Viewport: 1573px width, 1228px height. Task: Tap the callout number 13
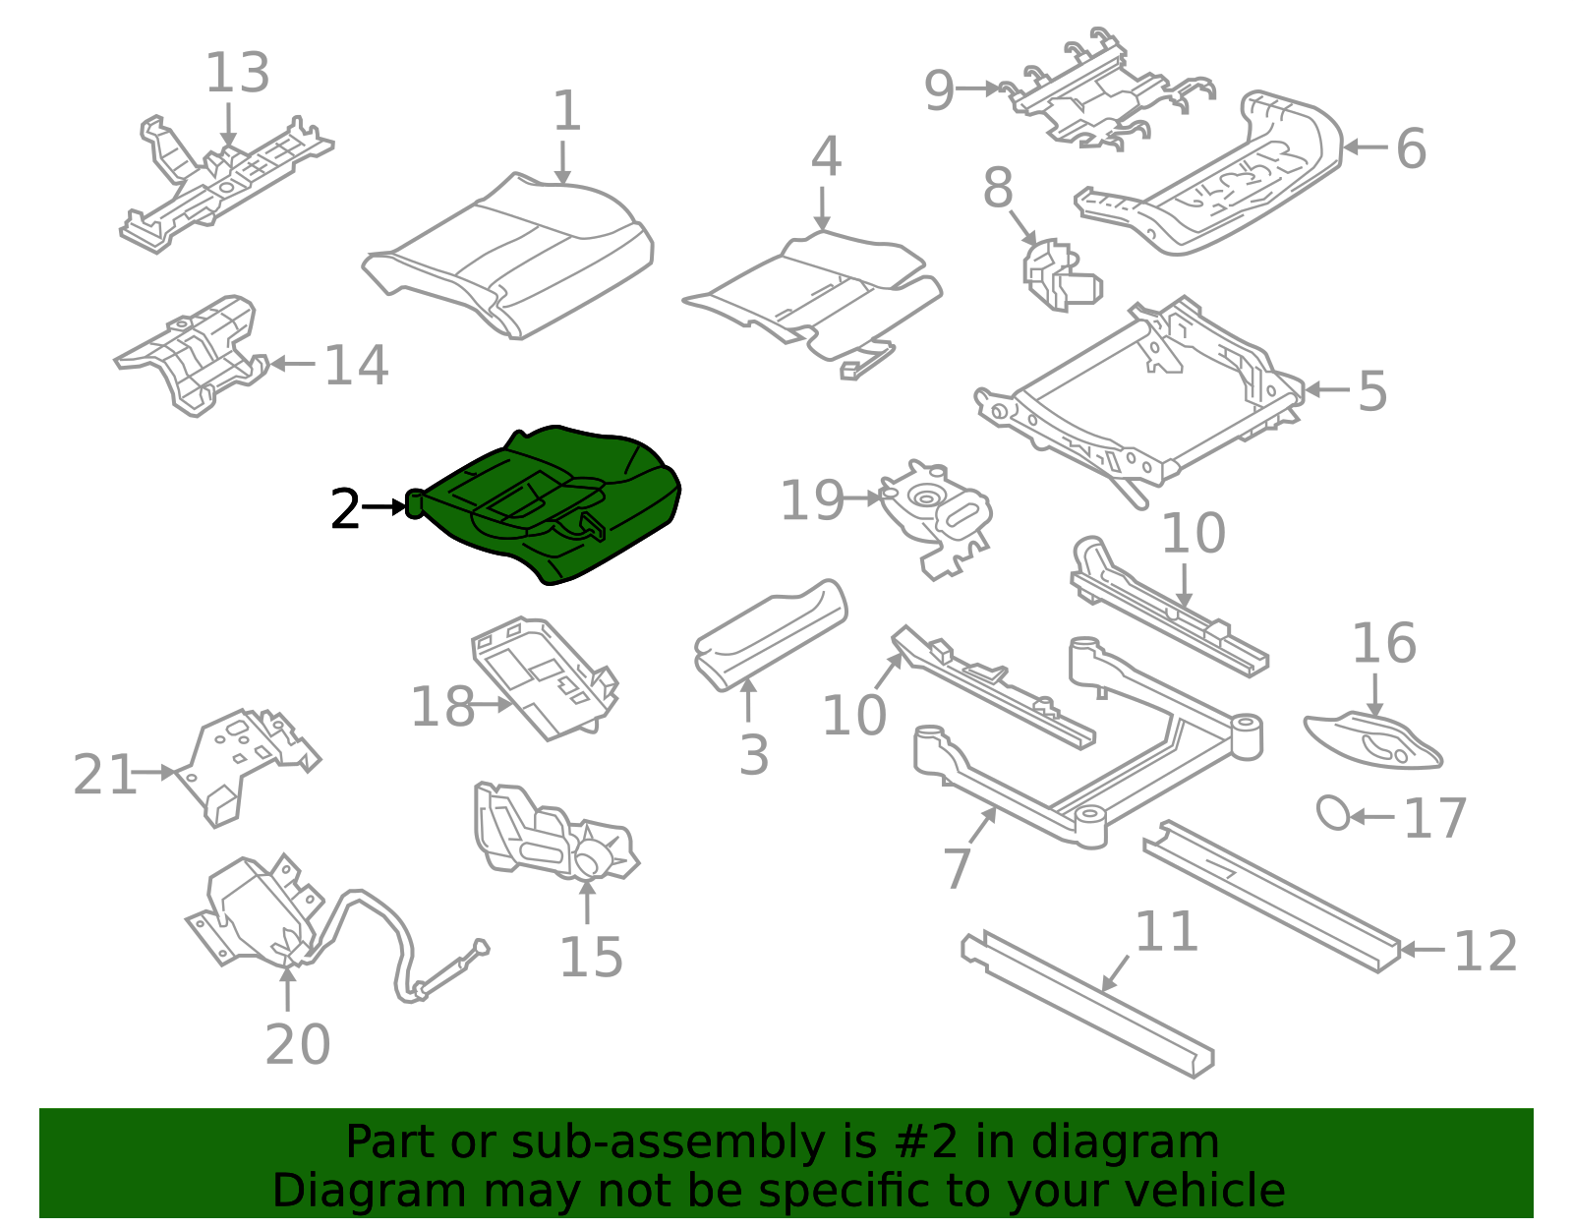tap(238, 73)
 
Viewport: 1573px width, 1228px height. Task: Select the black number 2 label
tap(344, 508)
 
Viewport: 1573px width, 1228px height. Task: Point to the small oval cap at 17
tap(1333, 813)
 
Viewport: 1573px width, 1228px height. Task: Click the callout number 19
tap(812, 500)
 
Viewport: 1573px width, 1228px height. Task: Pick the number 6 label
tap(1411, 148)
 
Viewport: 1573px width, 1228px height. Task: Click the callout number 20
tap(298, 1044)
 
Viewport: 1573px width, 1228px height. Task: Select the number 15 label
tap(591, 957)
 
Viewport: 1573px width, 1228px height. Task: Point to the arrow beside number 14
tap(292, 363)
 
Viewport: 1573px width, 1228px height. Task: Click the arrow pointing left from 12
tap(1424, 950)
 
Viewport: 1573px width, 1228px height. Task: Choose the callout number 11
tap(1166, 931)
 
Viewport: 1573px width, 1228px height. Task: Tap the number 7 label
tap(957, 867)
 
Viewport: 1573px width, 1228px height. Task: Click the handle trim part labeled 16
tap(1372, 740)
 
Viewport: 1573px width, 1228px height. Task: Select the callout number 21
tap(105, 775)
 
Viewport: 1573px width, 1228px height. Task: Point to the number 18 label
tap(442, 706)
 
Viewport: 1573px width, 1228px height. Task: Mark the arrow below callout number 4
tap(822, 209)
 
